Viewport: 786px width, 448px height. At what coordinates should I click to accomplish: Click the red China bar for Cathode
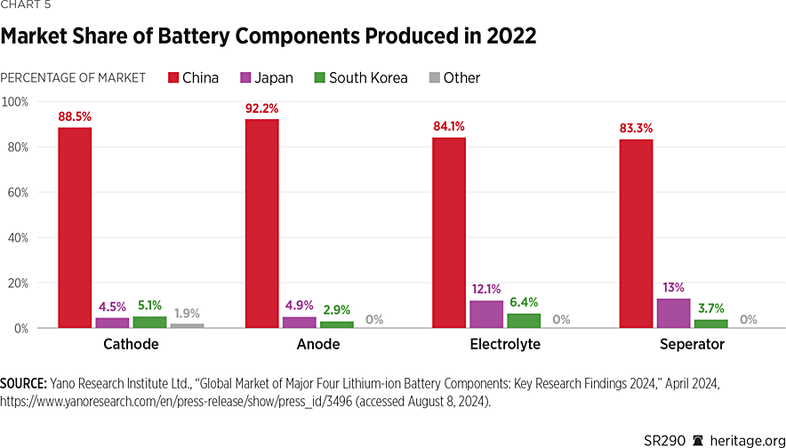75,228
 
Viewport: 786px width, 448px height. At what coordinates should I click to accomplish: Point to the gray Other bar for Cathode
187,326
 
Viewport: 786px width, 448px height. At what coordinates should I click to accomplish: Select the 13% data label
673,289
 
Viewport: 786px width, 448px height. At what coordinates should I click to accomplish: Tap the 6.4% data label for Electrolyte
524,302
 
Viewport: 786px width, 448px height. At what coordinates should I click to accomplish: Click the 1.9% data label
187,313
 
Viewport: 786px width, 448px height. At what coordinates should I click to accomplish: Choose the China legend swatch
172,78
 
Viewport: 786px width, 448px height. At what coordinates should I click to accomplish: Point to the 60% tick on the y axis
17,192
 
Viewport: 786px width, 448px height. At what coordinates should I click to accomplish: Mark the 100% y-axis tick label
15,101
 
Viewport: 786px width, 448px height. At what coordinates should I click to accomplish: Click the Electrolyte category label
505,344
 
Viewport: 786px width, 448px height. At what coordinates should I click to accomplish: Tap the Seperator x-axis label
691,344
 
